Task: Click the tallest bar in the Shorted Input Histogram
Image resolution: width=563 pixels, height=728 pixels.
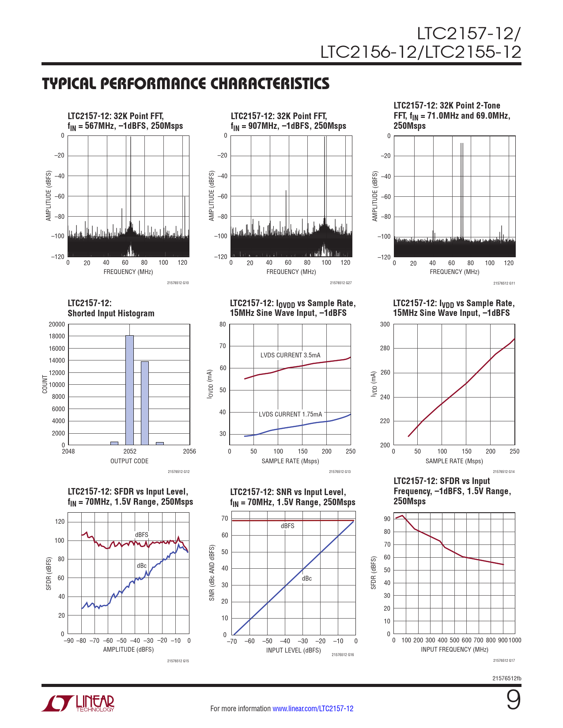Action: (x=129, y=390)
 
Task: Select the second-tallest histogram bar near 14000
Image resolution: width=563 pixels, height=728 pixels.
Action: (x=145, y=403)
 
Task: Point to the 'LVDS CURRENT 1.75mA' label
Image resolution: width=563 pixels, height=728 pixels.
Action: (x=290, y=414)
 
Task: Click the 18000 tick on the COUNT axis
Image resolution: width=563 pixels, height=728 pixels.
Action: (x=57, y=336)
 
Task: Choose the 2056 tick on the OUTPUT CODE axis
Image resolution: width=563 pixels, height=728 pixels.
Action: (x=189, y=451)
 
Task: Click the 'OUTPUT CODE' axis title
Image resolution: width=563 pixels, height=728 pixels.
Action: (x=129, y=461)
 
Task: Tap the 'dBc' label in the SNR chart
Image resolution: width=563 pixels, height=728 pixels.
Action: (x=307, y=578)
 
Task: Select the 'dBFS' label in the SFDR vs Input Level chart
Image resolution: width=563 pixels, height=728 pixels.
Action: (x=142, y=535)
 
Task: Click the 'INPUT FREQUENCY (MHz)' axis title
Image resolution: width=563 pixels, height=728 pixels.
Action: (x=454, y=649)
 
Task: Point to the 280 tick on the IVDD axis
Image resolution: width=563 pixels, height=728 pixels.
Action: (x=385, y=349)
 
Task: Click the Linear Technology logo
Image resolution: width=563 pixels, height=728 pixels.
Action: (x=78, y=703)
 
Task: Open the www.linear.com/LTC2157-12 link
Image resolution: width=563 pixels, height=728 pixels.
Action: (x=313, y=709)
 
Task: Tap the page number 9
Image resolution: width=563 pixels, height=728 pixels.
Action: (x=513, y=701)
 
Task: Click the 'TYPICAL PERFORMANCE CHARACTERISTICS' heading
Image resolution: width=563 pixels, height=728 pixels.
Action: (x=185, y=84)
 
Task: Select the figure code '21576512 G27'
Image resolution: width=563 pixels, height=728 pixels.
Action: (x=340, y=283)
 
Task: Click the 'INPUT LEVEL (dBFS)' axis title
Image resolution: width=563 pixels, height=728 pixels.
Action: (x=293, y=650)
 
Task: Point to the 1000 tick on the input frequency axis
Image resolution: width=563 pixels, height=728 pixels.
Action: (x=515, y=640)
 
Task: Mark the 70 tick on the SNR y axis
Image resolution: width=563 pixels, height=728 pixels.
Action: (x=225, y=518)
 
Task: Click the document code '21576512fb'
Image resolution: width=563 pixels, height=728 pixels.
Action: (x=506, y=678)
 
